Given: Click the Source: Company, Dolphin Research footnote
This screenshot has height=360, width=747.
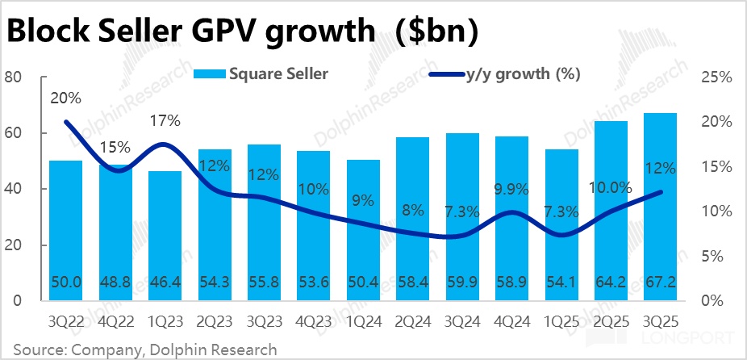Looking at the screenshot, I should point(140,350).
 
